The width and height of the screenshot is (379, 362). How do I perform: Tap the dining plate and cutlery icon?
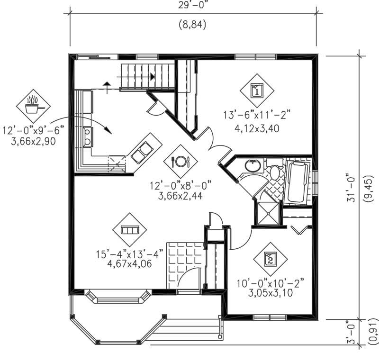tap(180, 161)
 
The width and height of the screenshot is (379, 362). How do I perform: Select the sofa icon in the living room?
tap(129, 230)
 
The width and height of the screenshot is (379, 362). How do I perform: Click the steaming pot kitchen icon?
tap(33, 106)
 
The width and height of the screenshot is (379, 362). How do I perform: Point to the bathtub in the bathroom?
tap(297, 181)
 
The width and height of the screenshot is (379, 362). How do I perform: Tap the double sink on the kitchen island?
tap(142, 151)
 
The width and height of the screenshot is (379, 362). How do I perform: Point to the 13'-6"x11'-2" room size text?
tap(256, 114)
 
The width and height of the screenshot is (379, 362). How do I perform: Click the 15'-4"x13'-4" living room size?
tap(129, 253)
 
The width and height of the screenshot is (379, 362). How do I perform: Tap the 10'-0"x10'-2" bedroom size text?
tap(270, 283)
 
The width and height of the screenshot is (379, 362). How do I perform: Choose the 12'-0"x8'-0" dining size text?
tap(180, 185)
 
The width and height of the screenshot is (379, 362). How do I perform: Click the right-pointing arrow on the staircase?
tap(152, 76)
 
